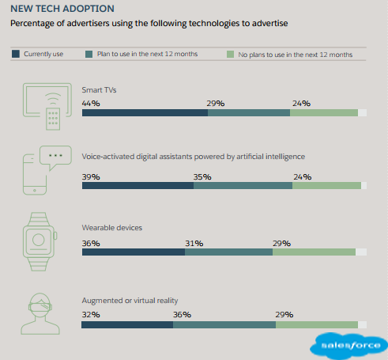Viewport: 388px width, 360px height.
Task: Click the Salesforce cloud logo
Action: [x=348, y=346]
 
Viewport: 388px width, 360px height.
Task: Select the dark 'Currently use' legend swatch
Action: [x=15, y=54]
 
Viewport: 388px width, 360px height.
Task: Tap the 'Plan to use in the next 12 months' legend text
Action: [x=146, y=54]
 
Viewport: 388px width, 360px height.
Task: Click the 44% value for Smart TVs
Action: [x=91, y=103]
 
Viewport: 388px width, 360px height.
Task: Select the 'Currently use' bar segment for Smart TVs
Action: [x=145, y=113]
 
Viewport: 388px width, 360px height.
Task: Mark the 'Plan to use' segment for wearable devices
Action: [x=228, y=252]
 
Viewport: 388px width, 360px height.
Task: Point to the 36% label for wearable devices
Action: [x=91, y=243]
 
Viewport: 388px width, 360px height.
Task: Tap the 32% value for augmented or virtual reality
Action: [x=91, y=314]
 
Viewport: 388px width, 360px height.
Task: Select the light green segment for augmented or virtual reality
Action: [x=317, y=324]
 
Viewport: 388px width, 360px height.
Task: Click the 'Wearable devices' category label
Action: [x=112, y=228]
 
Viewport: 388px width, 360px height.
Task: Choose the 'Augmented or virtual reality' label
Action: [x=130, y=301]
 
